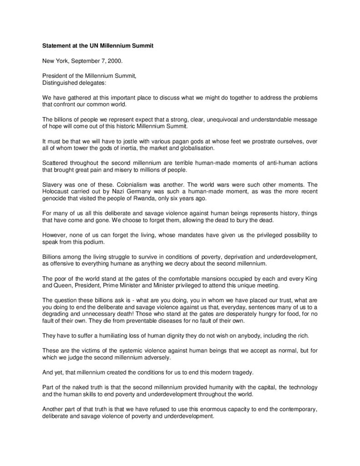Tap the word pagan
[170, 142]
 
